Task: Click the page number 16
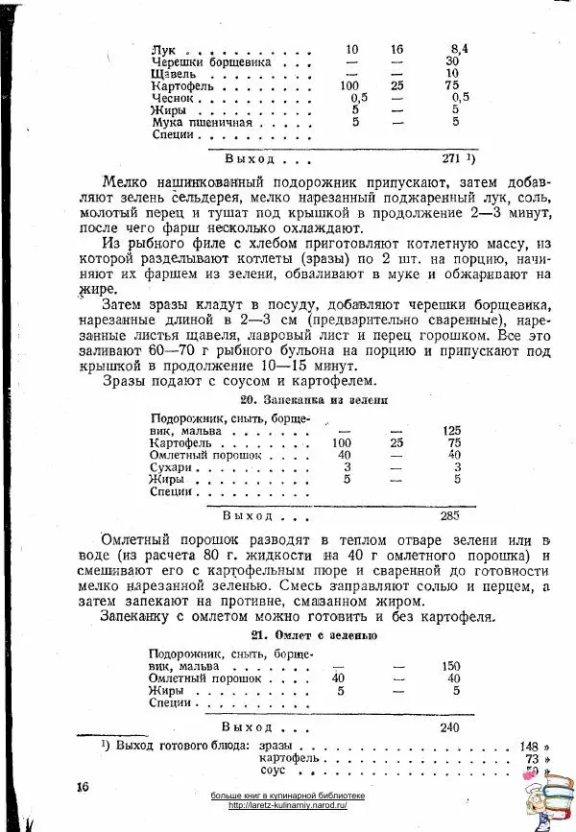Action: (x=83, y=786)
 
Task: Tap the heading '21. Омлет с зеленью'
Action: (x=314, y=635)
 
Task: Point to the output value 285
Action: (x=450, y=514)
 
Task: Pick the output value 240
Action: (x=450, y=727)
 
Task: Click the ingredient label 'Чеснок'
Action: (x=173, y=98)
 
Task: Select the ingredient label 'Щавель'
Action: (x=174, y=73)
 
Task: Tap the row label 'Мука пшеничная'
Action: (x=202, y=123)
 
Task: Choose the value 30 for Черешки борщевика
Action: (x=453, y=60)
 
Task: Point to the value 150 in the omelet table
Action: (x=451, y=665)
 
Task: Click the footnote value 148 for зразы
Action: (x=528, y=746)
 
